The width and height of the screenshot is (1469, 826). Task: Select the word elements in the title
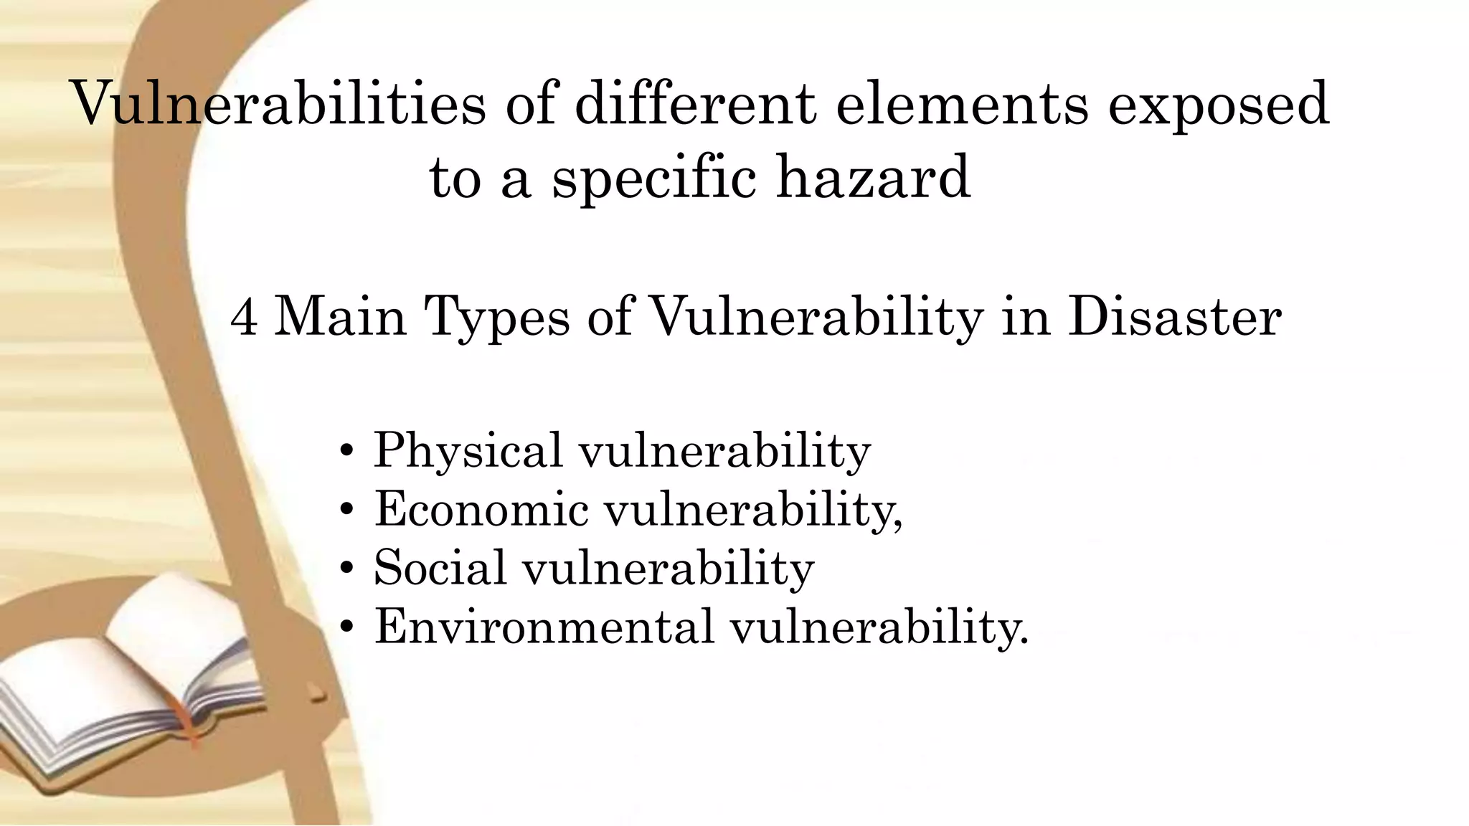click(x=962, y=105)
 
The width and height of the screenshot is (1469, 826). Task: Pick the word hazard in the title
click(x=874, y=178)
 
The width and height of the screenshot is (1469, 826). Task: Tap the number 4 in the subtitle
click(x=244, y=317)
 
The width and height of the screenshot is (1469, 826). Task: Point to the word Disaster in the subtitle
click(x=1174, y=316)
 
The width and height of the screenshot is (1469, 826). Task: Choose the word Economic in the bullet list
click(x=481, y=509)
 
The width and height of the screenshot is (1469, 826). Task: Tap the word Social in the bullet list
click(x=440, y=568)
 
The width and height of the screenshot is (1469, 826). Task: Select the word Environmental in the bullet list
click(x=544, y=627)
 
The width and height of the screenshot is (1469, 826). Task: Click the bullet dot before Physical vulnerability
click(x=347, y=452)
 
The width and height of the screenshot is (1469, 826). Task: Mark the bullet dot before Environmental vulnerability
click(x=347, y=627)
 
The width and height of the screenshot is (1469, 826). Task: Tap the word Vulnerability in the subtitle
click(x=815, y=317)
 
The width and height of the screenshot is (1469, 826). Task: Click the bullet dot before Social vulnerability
click(x=347, y=569)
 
